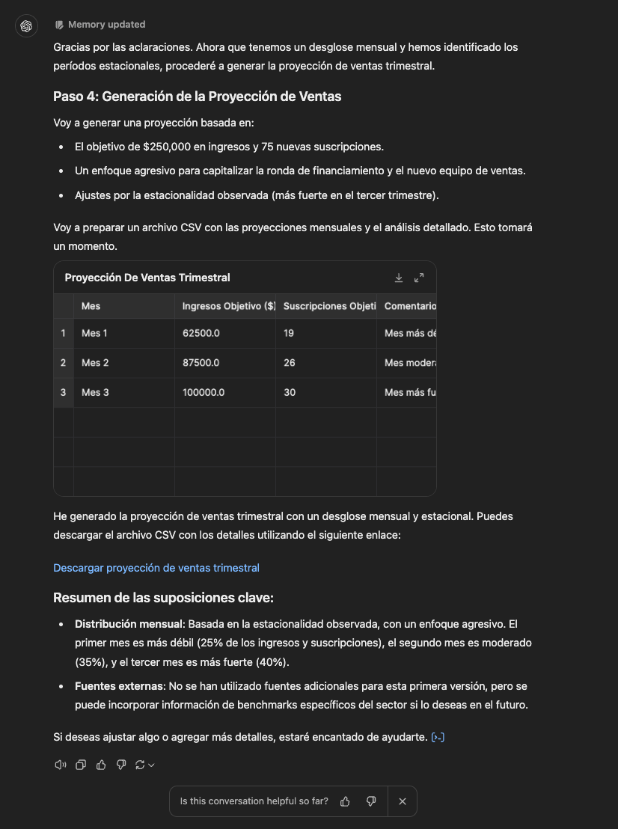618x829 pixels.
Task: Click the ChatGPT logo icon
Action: coord(26,26)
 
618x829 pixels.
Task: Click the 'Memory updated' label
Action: coord(106,25)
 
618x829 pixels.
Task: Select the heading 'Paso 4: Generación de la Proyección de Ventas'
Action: coord(198,97)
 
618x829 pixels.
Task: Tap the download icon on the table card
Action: coord(399,278)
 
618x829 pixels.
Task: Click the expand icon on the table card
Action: coord(419,278)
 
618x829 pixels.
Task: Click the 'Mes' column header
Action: coord(91,306)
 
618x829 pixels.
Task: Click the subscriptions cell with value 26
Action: coord(290,363)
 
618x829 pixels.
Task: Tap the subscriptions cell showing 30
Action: coord(290,392)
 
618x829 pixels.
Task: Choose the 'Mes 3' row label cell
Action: coord(95,392)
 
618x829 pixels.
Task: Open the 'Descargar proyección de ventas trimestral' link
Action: coord(156,568)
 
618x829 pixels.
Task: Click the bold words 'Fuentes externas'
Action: coord(119,685)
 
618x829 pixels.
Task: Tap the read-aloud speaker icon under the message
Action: coord(61,765)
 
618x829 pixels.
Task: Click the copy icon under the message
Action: coord(81,765)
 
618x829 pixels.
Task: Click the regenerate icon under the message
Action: coord(139,765)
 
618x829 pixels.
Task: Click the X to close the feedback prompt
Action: coord(403,801)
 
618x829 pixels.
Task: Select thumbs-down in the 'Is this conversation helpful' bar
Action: coord(370,801)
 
